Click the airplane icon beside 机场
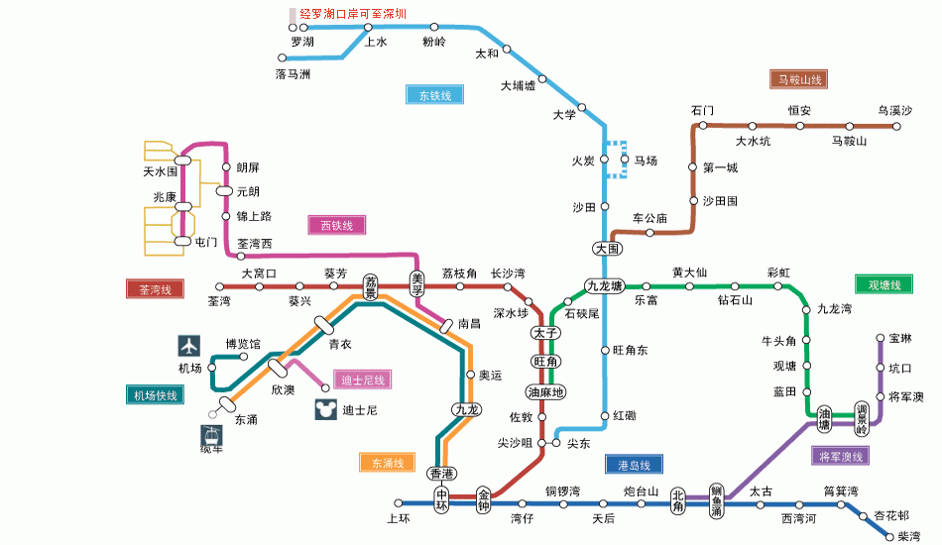(x=188, y=346)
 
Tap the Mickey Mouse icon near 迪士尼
(x=325, y=409)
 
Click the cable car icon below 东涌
(x=211, y=436)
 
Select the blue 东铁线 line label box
(x=435, y=95)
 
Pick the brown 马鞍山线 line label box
(x=798, y=79)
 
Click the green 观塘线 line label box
(x=883, y=284)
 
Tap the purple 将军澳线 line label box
(x=841, y=456)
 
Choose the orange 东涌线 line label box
(x=388, y=462)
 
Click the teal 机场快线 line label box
(x=155, y=395)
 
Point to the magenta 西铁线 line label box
(x=336, y=225)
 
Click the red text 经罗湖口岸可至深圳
(x=353, y=14)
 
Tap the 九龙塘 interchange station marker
(x=605, y=286)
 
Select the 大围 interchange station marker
(x=608, y=249)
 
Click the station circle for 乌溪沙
(x=896, y=126)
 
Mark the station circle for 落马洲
(x=282, y=57)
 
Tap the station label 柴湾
(x=909, y=536)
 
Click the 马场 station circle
(x=625, y=160)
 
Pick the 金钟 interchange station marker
(x=484, y=499)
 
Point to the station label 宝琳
(x=900, y=339)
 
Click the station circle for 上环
(x=399, y=503)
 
